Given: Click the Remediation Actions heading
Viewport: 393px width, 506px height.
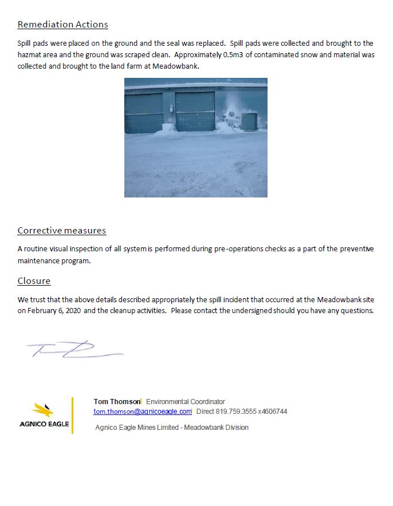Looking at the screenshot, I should [62, 25].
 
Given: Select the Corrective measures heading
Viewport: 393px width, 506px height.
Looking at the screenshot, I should [61, 231].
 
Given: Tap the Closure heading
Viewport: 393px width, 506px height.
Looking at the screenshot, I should [34, 281].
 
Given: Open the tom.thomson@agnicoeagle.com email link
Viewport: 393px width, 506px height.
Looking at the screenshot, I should [143, 412].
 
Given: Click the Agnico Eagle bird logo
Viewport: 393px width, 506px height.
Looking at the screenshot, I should [44, 410].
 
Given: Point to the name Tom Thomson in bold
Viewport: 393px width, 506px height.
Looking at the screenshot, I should [117, 402].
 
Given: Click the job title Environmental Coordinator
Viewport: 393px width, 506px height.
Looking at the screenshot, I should [186, 402].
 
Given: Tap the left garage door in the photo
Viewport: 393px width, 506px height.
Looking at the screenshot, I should [144, 113].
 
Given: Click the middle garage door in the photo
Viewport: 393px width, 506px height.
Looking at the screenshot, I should [195, 111].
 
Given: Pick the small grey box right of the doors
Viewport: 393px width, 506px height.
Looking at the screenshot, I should [249, 121].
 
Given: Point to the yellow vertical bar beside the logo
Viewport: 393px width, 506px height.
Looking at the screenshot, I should [73, 415].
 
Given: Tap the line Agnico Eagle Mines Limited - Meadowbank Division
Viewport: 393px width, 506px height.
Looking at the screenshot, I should [172, 428].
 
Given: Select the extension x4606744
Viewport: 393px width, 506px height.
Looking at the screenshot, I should [273, 412].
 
